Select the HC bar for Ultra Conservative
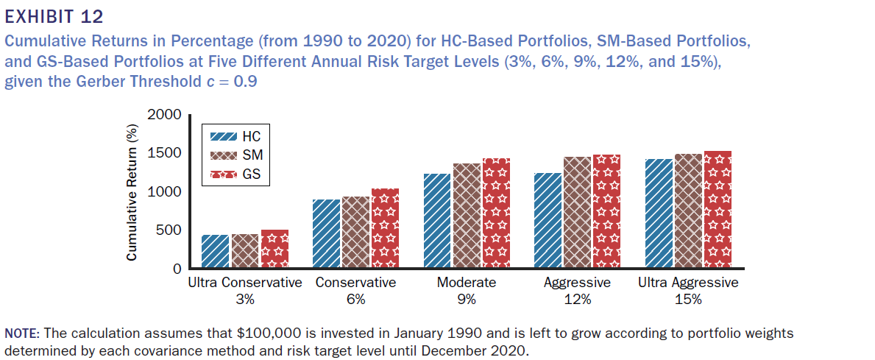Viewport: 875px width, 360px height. coord(216,251)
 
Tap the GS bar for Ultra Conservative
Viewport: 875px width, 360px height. coord(274,248)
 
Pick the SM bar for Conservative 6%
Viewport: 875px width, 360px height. coord(356,231)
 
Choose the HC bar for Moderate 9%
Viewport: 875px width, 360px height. coord(437,220)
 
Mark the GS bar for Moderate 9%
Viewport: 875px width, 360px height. coord(495,213)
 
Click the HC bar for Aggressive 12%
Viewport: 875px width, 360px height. coord(548,220)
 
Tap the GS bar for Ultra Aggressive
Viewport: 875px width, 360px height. coord(718,210)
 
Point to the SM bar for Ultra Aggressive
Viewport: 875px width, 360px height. coord(688,211)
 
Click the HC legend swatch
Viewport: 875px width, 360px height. coord(224,137)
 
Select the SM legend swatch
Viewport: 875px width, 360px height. coord(224,156)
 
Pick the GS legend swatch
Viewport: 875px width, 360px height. coord(224,175)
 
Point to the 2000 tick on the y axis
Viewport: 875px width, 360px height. coord(164,116)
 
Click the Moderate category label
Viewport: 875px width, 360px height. coord(467,283)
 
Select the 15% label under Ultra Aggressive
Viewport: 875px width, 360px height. coord(688,300)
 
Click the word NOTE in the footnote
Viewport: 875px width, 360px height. coord(21,333)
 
